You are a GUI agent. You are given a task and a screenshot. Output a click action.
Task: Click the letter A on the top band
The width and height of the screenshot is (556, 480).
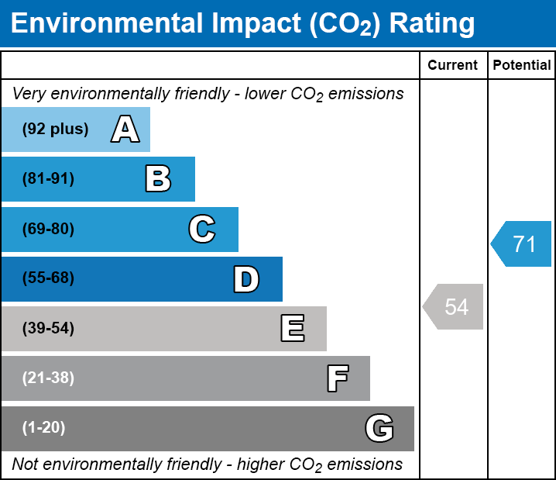tap(125, 129)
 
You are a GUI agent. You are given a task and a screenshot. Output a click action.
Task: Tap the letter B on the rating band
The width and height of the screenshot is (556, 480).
tap(158, 179)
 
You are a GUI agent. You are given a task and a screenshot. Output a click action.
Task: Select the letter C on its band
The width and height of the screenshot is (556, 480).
tap(201, 230)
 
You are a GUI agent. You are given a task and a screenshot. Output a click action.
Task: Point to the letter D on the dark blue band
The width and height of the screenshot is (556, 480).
tap(246, 279)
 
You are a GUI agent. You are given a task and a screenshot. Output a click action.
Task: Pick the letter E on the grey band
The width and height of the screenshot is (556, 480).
tap(292, 329)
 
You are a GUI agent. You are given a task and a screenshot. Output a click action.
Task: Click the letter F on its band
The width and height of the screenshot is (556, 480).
tap(337, 378)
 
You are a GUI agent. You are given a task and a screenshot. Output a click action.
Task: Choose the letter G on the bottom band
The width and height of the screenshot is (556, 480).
tap(379, 428)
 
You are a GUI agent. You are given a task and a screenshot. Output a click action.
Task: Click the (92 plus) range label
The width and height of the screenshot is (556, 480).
tap(55, 129)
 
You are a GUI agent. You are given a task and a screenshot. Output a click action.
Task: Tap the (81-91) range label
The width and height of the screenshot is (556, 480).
tap(48, 179)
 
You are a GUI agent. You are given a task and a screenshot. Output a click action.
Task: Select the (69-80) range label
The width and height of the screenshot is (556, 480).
tap(48, 230)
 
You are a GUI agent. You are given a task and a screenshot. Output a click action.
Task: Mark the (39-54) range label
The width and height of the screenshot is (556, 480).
tap(48, 329)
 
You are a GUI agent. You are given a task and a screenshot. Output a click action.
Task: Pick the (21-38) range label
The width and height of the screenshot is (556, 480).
tap(48, 378)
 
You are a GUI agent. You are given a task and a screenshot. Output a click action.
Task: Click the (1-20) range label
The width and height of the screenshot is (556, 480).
tap(44, 428)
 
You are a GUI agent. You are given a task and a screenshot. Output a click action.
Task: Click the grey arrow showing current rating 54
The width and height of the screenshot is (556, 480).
tap(455, 306)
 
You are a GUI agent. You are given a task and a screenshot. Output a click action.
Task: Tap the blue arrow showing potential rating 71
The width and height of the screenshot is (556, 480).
tap(523, 244)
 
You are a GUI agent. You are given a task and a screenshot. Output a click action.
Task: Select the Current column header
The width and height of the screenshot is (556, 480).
tap(453, 66)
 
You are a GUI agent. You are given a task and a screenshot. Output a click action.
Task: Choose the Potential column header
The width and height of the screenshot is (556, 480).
tap(522, 66)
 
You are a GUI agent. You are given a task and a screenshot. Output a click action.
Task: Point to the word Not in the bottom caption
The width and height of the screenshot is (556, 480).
tap(26, 464)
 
